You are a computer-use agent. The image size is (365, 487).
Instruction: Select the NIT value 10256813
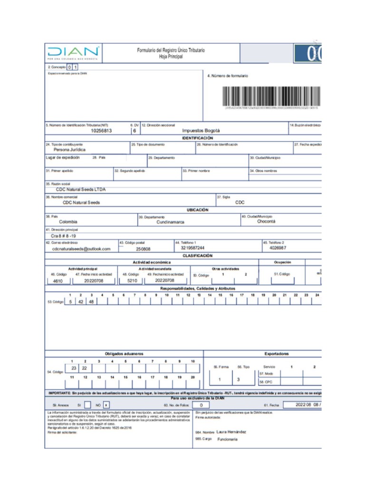click(x=101, y=131)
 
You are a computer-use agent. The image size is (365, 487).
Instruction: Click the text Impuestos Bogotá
click(x=201, y=131)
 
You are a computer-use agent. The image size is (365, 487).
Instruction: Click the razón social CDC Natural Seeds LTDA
click(x=81, y=189)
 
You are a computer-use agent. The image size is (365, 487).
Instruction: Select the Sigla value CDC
click(x=240, y=202)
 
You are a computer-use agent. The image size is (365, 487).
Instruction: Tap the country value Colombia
click(x=68, y=222)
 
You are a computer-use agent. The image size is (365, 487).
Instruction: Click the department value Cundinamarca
click(x=171, y=222)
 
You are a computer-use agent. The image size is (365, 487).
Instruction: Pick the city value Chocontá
click(x=266, y=221)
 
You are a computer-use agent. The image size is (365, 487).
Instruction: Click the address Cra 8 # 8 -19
click(x=64, y=235)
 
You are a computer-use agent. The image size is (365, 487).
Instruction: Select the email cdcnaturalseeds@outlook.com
click(x=81, y=248)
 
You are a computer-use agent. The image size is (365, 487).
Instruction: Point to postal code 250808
click(x=143, y=248)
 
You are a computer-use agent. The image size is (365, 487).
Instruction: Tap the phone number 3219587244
click(x=192, y=248)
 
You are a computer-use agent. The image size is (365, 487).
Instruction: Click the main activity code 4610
click(x=58, y=281)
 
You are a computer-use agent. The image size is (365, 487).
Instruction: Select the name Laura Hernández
click(x=231, y=432)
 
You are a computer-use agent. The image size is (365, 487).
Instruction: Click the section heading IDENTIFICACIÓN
click(x=198, y=137)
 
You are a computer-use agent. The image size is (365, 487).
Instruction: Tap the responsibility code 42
click(x=81, y=302)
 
